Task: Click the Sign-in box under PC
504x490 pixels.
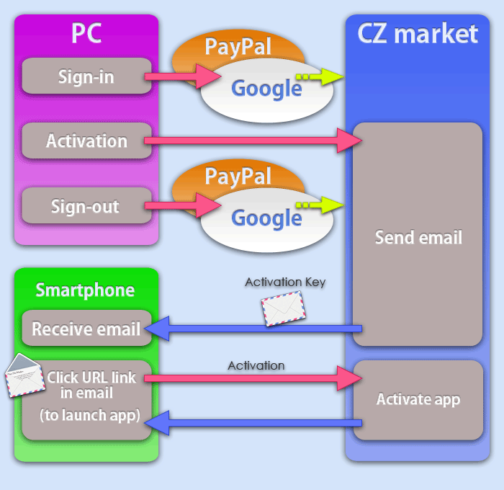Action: (86, 76)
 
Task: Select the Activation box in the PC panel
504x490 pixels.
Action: (86, 141)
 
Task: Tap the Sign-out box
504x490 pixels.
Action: (86, 206)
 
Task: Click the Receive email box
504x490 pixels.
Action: (86, 329)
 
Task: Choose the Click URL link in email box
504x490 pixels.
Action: (86, 400)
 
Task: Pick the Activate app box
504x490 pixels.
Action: (418, 399)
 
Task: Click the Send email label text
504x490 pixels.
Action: (418, 237)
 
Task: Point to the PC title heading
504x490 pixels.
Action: (86, 33)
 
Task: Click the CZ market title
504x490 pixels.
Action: (418, 33)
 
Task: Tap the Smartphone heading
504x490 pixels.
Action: (86, 290)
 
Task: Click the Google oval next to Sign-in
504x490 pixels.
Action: (266, 89)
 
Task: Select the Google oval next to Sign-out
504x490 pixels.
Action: (266, 218)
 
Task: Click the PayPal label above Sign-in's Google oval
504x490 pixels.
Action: (238, 47)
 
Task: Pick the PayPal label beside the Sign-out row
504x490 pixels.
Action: (238, 176)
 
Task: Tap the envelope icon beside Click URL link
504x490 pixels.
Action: (24, 375)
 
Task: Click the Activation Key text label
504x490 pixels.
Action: (285, 282)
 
